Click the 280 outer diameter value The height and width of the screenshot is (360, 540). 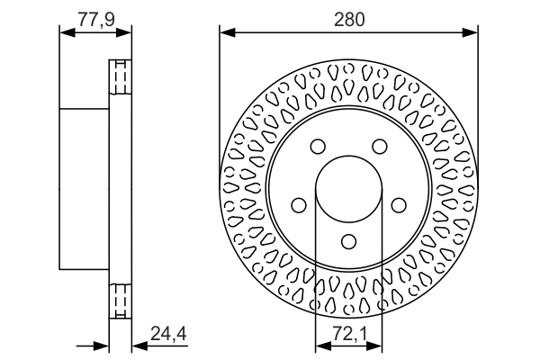coord(348,17)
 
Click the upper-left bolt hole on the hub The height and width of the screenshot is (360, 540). coord(317,148)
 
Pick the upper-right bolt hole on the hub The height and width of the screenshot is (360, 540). coord(379,148)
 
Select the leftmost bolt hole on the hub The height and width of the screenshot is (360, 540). coord(298,206)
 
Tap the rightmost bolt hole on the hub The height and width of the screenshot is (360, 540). coord(398,206)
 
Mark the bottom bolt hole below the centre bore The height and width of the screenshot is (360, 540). coord(348,242)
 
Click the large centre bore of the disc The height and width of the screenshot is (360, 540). coord(348,190)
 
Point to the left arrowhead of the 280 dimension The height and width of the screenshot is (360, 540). coord(226,33)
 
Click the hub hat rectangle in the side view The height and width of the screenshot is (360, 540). coord(84,189)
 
